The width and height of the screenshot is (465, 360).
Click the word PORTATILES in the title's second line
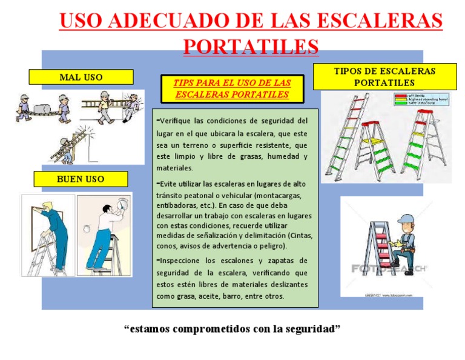click(250, 46)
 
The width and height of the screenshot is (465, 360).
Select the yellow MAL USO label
click(81, 77)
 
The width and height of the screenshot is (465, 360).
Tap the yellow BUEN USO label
click(81, 179)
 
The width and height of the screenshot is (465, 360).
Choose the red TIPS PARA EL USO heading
click(232, 88)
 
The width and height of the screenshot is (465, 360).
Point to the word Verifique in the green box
click(179, 120)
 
